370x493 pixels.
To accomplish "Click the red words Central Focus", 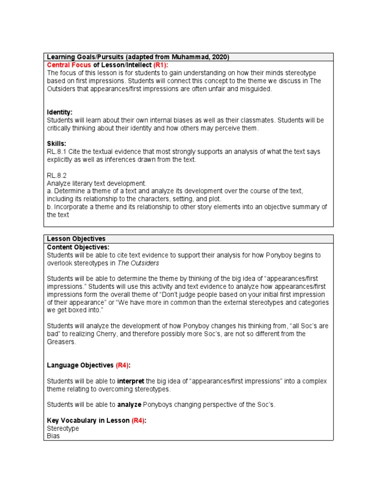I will (69, 65).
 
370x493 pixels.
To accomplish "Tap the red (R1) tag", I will (161, 65).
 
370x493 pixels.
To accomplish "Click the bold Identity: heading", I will (60, 112).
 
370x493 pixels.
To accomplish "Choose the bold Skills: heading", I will (56, 144).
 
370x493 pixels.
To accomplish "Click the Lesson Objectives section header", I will (76, 239).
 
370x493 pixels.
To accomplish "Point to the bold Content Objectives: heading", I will (78, 247).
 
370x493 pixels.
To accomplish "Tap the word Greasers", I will (61, 342).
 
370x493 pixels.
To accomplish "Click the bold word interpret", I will (131, 381).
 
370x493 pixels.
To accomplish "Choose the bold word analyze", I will (129, 405).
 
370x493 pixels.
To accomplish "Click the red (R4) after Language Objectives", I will (123, 365).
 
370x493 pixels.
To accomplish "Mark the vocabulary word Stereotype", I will (63, 428).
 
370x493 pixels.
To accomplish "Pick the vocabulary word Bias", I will (53, 436).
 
